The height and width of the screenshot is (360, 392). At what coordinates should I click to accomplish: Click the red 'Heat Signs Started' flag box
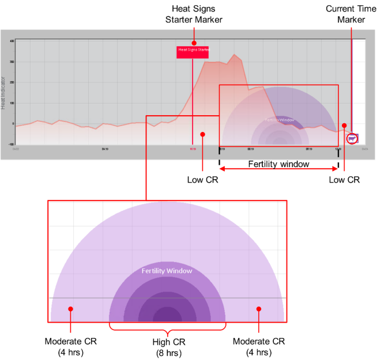tap(193, 52)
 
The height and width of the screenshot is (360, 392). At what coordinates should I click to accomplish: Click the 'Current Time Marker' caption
tap(351, 14)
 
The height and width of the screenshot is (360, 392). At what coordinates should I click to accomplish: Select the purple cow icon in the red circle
tap(352, 138)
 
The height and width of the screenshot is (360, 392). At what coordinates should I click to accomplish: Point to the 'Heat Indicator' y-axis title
tap(3, 93)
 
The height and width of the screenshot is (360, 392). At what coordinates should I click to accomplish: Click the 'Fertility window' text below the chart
tap(278, 164)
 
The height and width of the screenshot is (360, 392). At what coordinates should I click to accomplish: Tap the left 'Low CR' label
tap(202, 180)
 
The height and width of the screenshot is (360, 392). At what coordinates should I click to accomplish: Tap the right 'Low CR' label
tap(344, 180)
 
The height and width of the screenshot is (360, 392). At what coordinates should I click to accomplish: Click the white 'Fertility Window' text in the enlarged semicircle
tap(167, 271)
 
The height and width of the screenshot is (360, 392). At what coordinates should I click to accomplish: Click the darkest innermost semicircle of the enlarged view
tap(167, 316)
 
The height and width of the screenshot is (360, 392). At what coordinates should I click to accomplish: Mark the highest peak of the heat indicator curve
tap(234, 55)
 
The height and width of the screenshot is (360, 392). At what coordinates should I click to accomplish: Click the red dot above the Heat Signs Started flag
tap(194, 43)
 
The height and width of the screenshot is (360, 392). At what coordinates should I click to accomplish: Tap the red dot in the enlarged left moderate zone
tap(70, 309)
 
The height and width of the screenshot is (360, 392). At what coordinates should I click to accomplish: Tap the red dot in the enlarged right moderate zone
tap(259, 309)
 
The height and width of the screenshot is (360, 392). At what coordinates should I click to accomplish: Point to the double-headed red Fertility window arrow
tap(278, 169)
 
